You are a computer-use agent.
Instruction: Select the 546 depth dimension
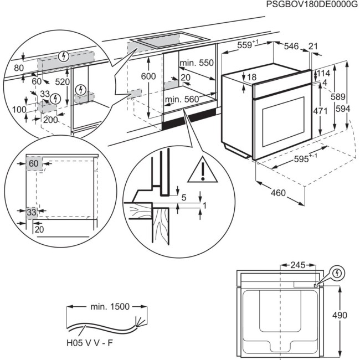[x=291, y=47]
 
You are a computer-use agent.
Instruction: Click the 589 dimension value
[x=336, y=97]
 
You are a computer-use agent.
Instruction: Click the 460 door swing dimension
[x=279, y=193]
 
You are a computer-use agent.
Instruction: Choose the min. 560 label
[x=182, y=99]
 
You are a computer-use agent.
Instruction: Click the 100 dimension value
[x=19, y=110]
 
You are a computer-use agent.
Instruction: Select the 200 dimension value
[x=50, y=120]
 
